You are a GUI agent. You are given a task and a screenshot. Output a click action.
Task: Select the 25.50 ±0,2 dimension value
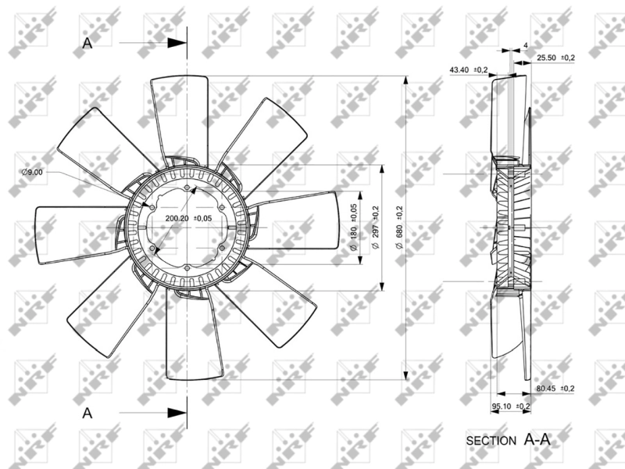point(556,59)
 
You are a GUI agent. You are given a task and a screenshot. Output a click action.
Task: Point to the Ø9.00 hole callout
point(33,172)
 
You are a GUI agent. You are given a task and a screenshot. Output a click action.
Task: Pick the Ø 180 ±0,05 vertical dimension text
point(354,227)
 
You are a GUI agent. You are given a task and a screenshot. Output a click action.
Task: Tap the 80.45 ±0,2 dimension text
point(555,388)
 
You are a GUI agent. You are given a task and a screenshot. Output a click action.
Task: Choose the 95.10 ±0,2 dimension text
point(511,406)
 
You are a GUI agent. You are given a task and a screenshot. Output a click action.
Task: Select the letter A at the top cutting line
point(87,44)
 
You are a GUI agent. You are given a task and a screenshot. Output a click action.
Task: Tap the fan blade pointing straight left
point(74,227)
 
